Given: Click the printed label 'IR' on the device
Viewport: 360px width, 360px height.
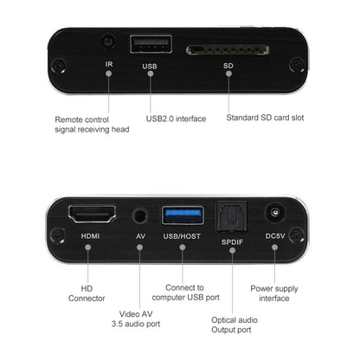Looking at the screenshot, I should [x=108, y=64].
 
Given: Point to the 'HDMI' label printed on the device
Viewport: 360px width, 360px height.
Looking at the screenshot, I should [x=90, y=235].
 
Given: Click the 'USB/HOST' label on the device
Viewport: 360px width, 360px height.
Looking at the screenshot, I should [x=183, y=235].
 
